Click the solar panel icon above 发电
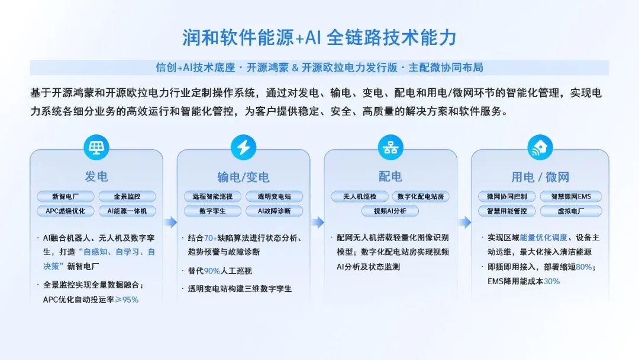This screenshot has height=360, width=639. [x=96, y=147]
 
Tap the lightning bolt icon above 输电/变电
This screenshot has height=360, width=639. [x=243, y=147]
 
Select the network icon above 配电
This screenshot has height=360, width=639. [x=390, y=147]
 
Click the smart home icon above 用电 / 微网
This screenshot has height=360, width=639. [x=540, y=147]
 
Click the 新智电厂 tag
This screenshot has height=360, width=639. [x=66, y=197]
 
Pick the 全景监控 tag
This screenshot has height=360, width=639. [x=127, y=197]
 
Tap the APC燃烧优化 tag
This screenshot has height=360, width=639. [x=66, y=211]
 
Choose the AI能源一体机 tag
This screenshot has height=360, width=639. [x=127, y=211]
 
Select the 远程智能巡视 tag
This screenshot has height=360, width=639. [x=213, y=197]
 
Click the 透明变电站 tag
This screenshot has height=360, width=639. [x=275, y=197]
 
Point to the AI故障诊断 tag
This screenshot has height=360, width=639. [x=275, y=211]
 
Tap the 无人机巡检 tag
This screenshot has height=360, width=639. [x=360, y=197]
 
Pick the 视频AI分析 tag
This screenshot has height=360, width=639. [x=390, y=211]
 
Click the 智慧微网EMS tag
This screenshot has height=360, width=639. [x=571, y=197]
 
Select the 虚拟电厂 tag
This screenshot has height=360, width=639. [x=571, y=211]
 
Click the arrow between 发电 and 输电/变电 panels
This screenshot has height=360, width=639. [x=171, y=222]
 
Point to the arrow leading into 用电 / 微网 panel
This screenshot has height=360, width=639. [x=465, y=222]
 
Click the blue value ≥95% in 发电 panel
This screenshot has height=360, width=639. [x=127, y=300]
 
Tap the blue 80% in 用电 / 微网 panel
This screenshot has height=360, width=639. [x=584, y=267]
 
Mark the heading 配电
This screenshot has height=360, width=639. [x=390, y=176]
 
